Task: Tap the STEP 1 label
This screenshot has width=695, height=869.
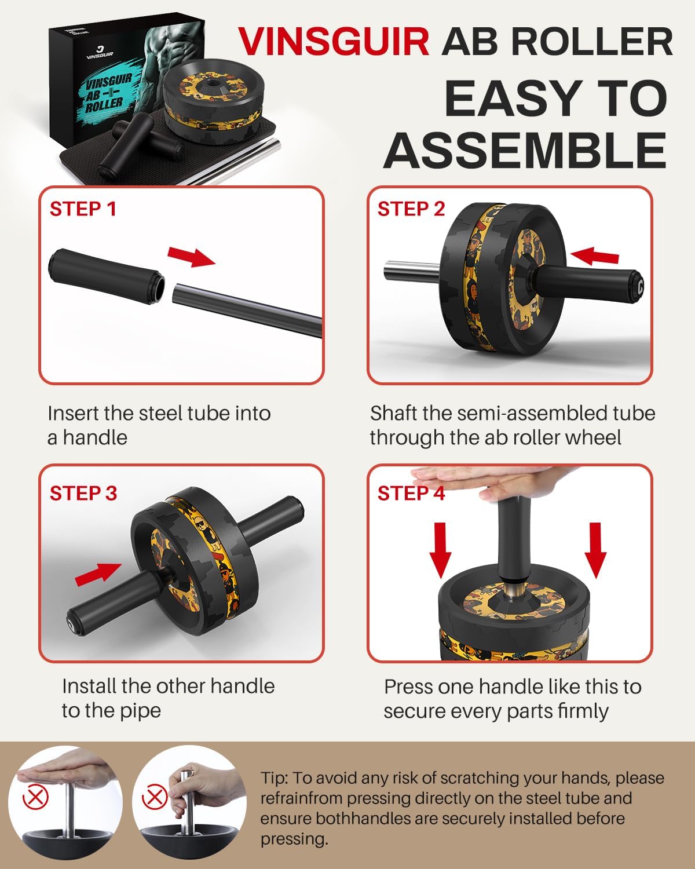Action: click(83, 209)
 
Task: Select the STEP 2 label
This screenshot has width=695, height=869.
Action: click(411, 209)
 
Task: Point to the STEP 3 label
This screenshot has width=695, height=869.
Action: click(83, 493)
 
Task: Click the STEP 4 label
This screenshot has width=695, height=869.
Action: click(411, 493)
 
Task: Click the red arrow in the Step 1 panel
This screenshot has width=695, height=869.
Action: click(191, 255)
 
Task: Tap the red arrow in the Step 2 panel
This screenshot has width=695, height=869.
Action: click(594, 255)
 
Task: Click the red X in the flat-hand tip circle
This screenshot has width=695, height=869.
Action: click(35, 798)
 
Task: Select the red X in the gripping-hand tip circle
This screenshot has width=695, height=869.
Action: click(155, 798)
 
